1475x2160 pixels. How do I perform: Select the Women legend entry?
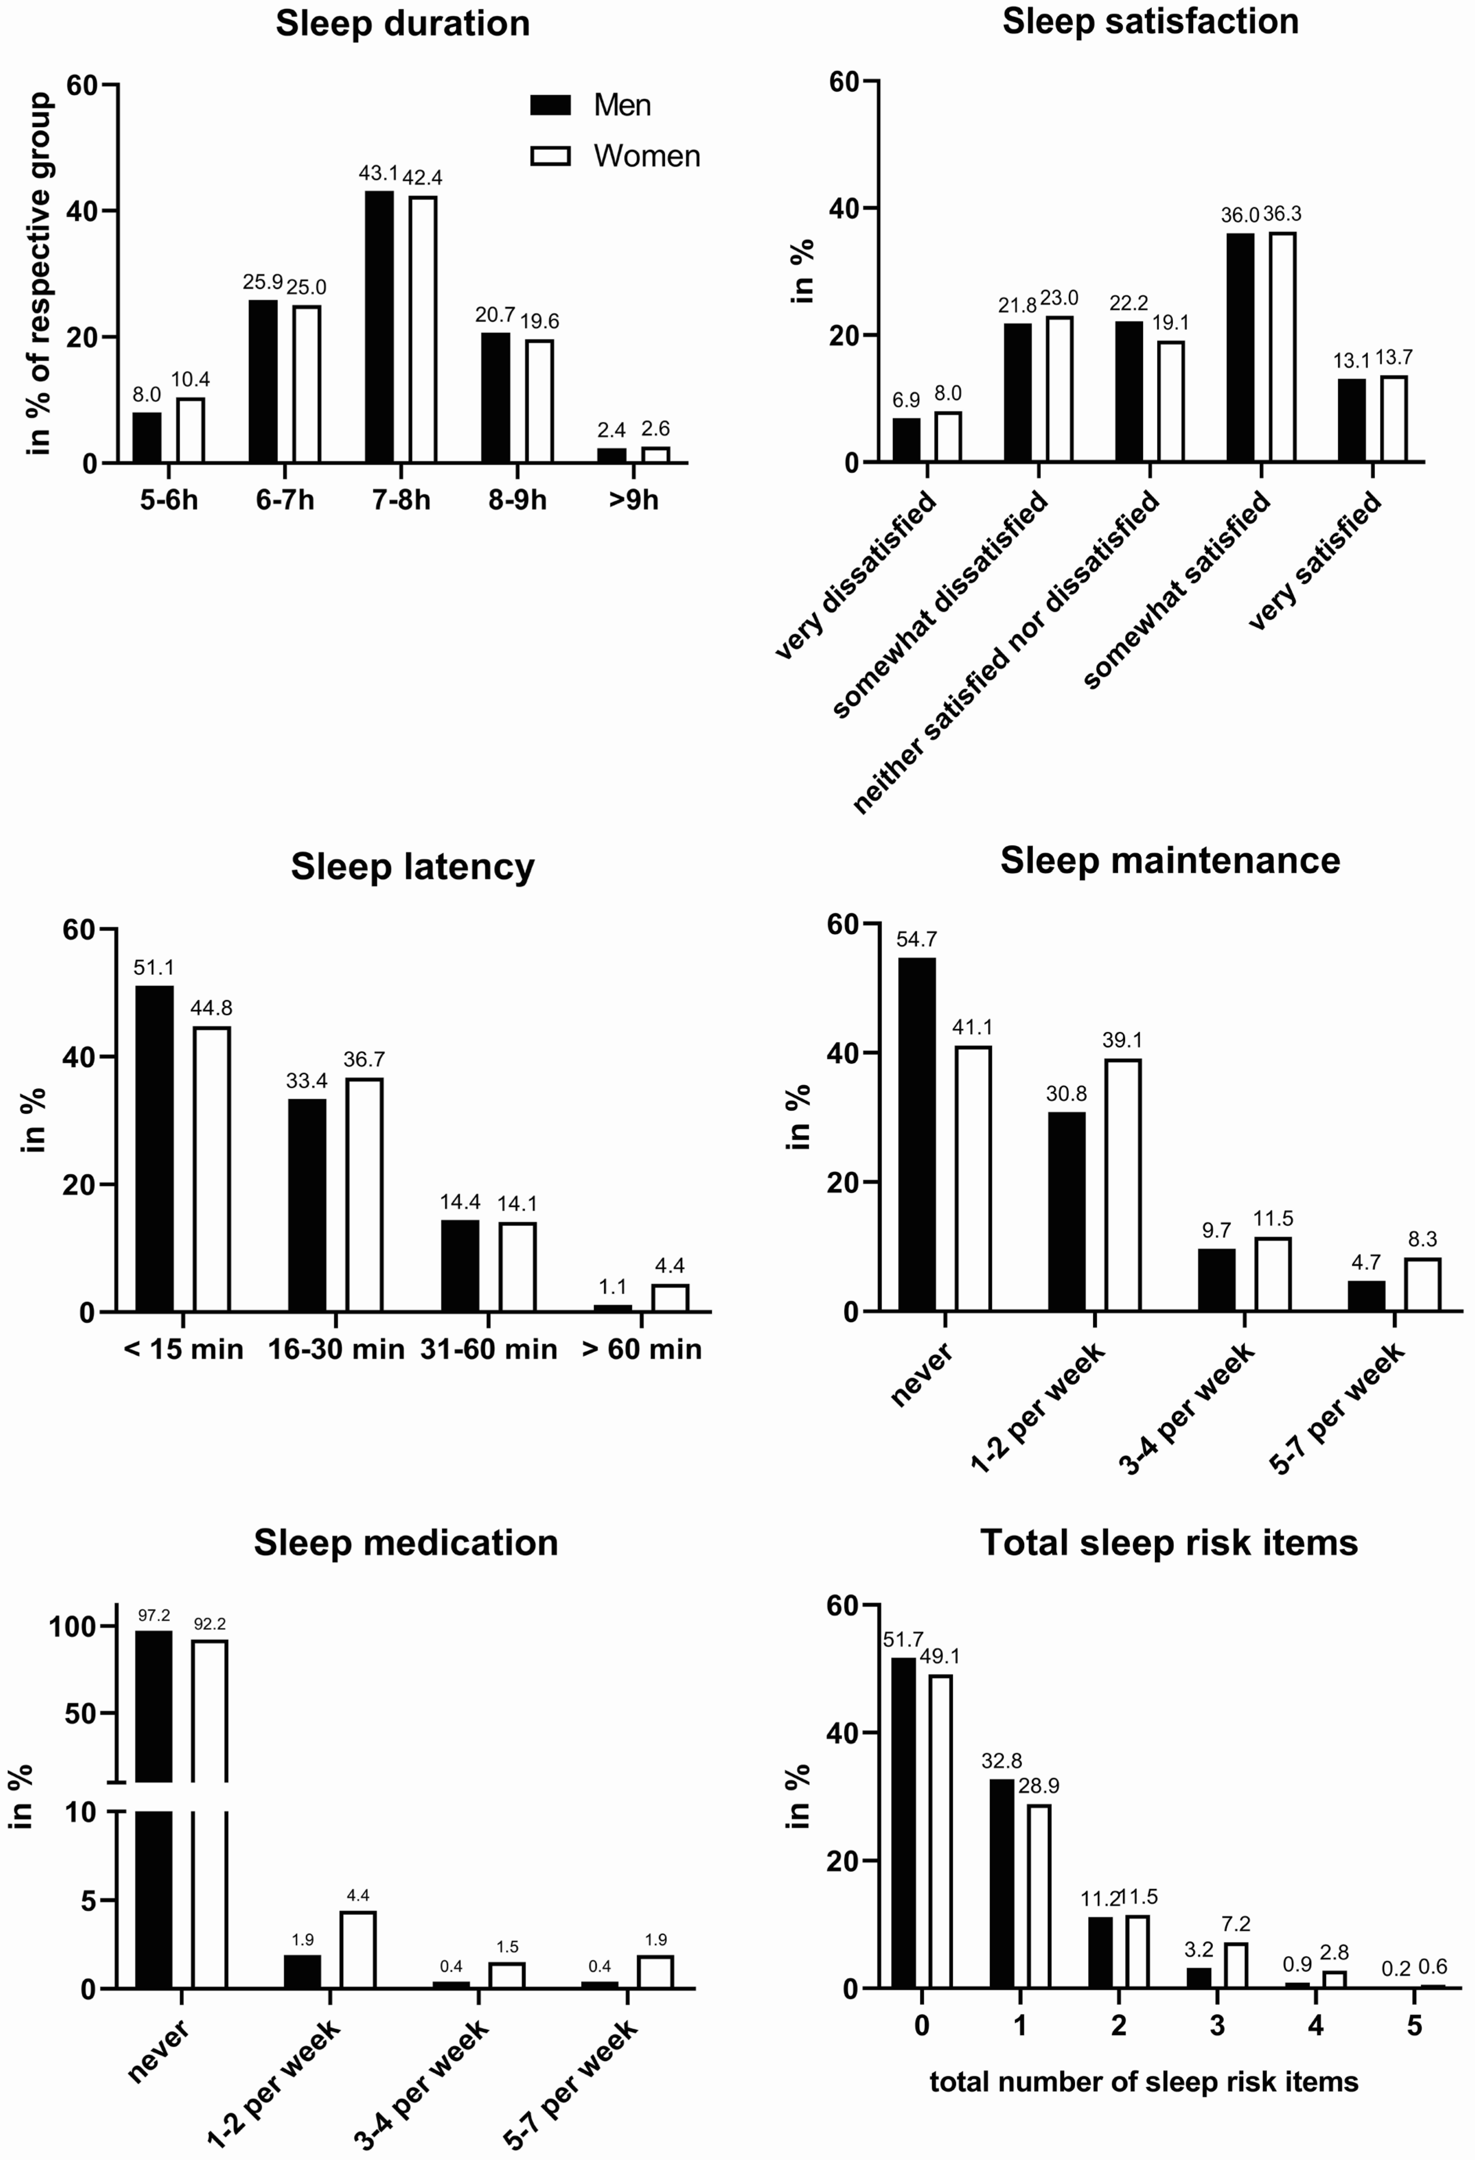pyautogui.click(x=646, y=156)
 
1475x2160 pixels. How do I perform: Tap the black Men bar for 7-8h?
pyautogui.click(x=379, y=325)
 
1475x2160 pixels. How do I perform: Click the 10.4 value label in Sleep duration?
pyautogui.click(x=191, y=379)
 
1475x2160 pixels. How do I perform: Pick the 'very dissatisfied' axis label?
pyautogui.click(x=855, y=576)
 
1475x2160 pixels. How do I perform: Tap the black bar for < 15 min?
pyautogui.click(x=154, y=1148)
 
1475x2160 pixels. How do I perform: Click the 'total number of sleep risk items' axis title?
pyautogui.click(x=1144, y=2081)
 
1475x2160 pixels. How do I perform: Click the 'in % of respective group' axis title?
pyautogui.click(x=39, y=274)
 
